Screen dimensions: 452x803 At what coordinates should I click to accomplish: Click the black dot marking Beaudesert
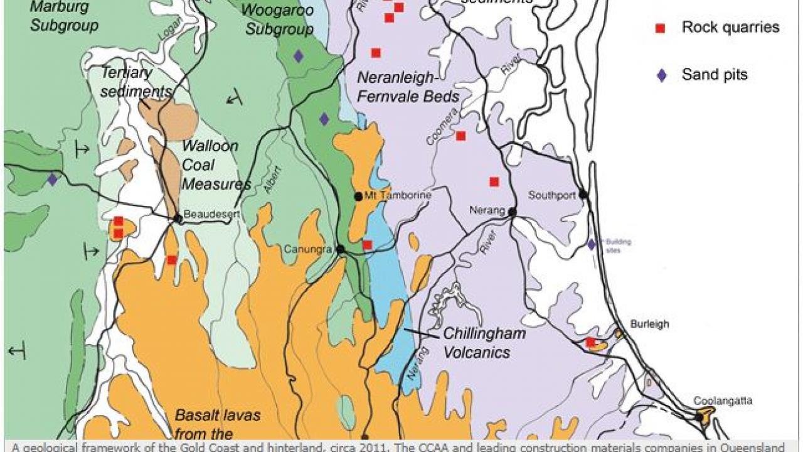pyautogui.click(x=178, y=218)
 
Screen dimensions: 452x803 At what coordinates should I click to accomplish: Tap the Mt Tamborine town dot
pyautogui.click(x=358, y=196)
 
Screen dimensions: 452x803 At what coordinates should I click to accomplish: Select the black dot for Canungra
pyautogui.click(x=340, y=249)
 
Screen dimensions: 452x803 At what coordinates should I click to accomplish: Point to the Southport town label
pyautogui.click(x=551, y=195)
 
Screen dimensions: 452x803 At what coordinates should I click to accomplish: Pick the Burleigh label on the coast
pyautogui.click(x=649, y=325)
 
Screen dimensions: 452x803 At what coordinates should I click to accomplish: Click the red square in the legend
pyautogui.click(x=660, y=28)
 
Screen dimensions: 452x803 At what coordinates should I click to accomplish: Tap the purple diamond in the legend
pyautogui.click(x=661, y=75)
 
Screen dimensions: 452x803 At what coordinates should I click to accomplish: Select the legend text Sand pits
pyautogui.click(x=715, y=75)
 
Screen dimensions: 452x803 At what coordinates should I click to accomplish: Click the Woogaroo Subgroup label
pyautogui.click(x=270, y=20)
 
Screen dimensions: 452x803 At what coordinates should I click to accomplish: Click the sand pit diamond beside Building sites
pyautogui.click(x=591, y=244)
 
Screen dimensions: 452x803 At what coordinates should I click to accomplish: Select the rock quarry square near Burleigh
pyautogui.click(x=590, y=342)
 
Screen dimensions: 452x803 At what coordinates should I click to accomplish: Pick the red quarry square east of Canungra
pyautogui.click(x=367, y=244)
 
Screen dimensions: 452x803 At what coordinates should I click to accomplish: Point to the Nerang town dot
pyautogui.click(x=512, y=212)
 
